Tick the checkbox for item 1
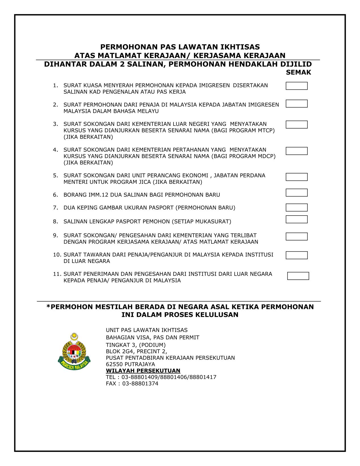pyautogui.click(x=296, y=86)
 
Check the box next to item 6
pyautogui.click(x=296, y=193)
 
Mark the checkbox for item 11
pyautogui.click(x=298, y=276)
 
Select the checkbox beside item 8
pyautogui.click(x=296, y=219)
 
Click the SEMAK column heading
pyautogui.click(x=298, y=72)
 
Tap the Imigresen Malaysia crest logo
pyautogui.click(x=74, y=352)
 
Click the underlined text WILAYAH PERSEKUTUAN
pyautogui.click(x=143, y=371)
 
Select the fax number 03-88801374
pyautogui.click(x=140, y=383)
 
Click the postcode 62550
pyautogui.click(x=114, y=364)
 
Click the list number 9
pyautogui.click(x=55, y=235)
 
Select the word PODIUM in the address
pyautogui.click(x=154, y=345)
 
